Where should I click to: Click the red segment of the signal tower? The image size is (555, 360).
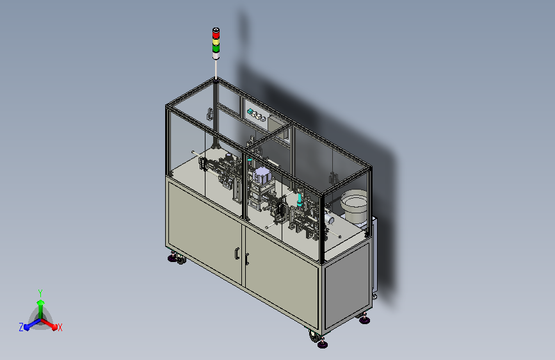pyautogui.click(x=216, y=35)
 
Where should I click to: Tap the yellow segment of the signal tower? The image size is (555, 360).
pyautogui.click(x=216, y=42)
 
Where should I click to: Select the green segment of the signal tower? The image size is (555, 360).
pyautogui.click(x=216, y=48)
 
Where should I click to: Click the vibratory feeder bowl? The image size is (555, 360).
pyautogui.click(x=354, y=206)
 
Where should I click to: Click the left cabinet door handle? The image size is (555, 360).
pyautogui.click(x=237, y=254)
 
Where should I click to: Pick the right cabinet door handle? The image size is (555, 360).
pyautogui.click(x=246, y=259)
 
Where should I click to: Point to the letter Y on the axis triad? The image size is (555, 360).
pyautogui.click(x=40, y=293)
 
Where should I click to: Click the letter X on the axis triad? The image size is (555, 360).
pyautogui.click(x=60, y=327)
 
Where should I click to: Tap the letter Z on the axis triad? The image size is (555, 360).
pyautogui.click(x=21, y=327)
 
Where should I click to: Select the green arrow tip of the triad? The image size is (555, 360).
pyautogui.click(x=40, y=302)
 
